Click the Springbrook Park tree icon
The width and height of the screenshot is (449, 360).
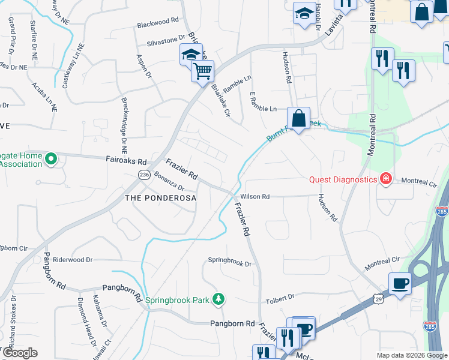(x=220, y=298)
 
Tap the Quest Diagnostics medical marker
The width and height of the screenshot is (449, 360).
(x=385, y=179)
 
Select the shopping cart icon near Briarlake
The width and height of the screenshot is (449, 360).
(x=202, y=71)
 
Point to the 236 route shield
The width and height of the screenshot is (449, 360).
(x=143, y=174)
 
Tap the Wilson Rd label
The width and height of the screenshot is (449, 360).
(x=255, y=196)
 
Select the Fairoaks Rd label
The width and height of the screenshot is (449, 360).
(x=125, y=161)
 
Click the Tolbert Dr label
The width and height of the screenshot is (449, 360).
(x=279, y=296)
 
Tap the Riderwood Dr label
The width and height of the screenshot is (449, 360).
(x=73, y=260)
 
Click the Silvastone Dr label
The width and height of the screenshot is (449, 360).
(x=166, y=44)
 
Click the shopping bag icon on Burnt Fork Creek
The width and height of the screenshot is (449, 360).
(x=298, y=118)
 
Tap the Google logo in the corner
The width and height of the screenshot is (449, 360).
(x=19, y=353)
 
